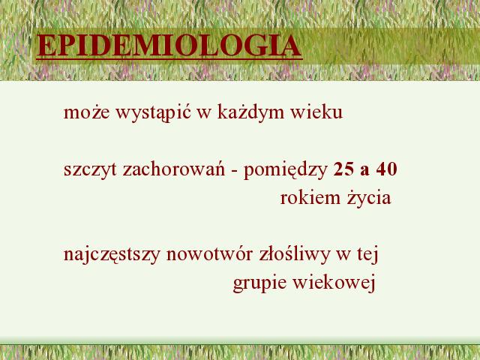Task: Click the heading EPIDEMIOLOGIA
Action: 169,46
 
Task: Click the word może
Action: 86,112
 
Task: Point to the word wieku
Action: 316,112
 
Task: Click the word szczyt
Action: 90,170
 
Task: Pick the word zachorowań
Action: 174,169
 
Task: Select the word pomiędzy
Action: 286,170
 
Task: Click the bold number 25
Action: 343,169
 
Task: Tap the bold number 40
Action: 387,169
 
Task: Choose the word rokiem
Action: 310,198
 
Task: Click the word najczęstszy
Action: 112,255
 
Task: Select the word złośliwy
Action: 294,255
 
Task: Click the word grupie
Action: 259,283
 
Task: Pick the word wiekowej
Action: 334,283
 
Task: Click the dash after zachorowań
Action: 235,171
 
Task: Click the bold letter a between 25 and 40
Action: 365,171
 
